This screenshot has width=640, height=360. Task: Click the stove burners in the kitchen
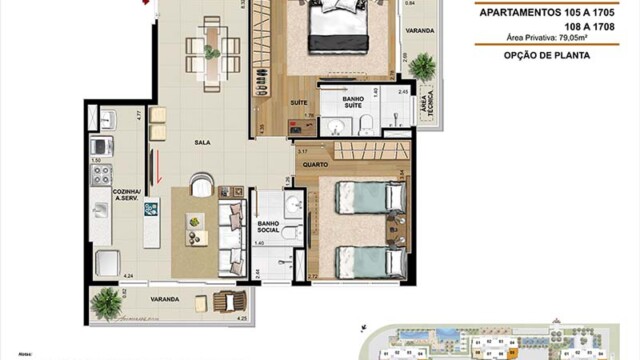click(101, 175)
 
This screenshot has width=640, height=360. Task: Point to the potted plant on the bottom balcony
click(104, 299)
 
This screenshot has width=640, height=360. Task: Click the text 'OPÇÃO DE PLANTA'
click(546, 56)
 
